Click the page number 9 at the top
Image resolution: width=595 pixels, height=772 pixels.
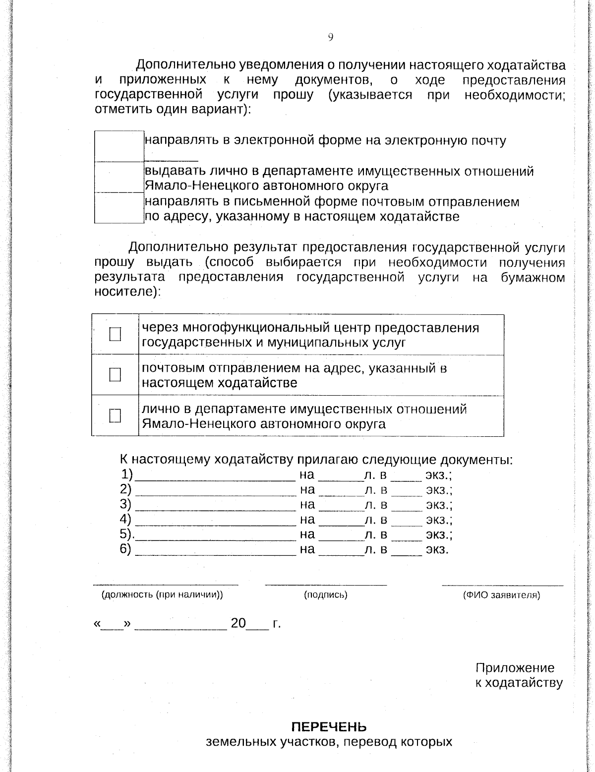click(330, 37)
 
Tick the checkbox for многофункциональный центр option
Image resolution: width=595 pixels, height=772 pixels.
click(115, 334)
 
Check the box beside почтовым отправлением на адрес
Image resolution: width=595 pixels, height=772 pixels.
click(115, 374)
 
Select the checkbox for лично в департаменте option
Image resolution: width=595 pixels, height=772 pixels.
click(115, 415)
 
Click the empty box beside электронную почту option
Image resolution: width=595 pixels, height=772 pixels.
click(119, 146)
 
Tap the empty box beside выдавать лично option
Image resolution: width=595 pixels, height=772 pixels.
click(119, 177)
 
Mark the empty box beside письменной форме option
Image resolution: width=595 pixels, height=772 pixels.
click(119, 208)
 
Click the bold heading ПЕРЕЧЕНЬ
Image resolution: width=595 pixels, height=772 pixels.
click(329, 727)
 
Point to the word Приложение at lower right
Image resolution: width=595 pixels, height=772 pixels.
click(515, 668)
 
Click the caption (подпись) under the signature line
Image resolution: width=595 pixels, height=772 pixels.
click(325, 595)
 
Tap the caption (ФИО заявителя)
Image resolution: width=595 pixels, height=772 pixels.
click(501, 595)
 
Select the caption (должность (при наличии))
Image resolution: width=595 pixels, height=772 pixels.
click(162, 595)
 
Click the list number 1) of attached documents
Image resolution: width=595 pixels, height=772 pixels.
click(127, 475)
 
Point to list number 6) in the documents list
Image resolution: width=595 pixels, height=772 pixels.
click(125, 549)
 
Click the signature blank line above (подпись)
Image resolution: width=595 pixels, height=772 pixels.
click(326, 585)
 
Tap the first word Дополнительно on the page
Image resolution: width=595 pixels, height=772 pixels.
click(186, 65)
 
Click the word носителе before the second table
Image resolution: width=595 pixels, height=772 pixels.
click(125, 292)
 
